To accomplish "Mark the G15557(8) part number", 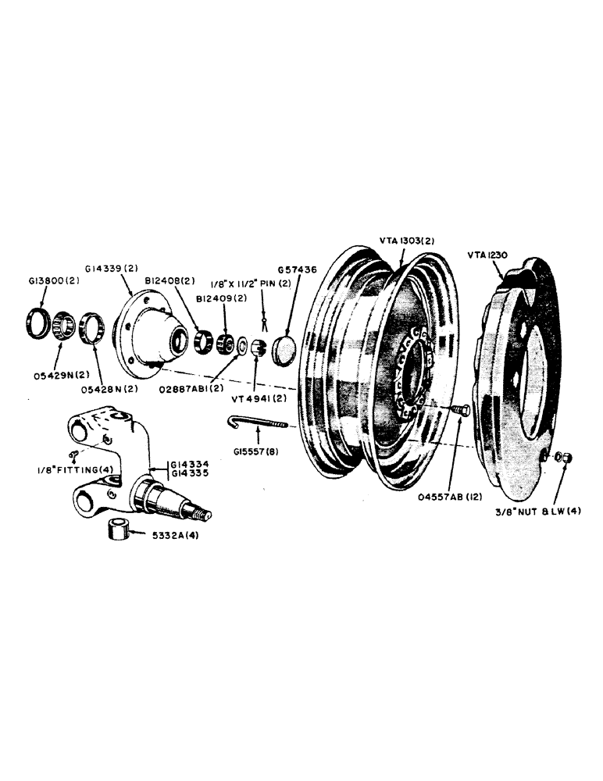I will click(x=257, y=452).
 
